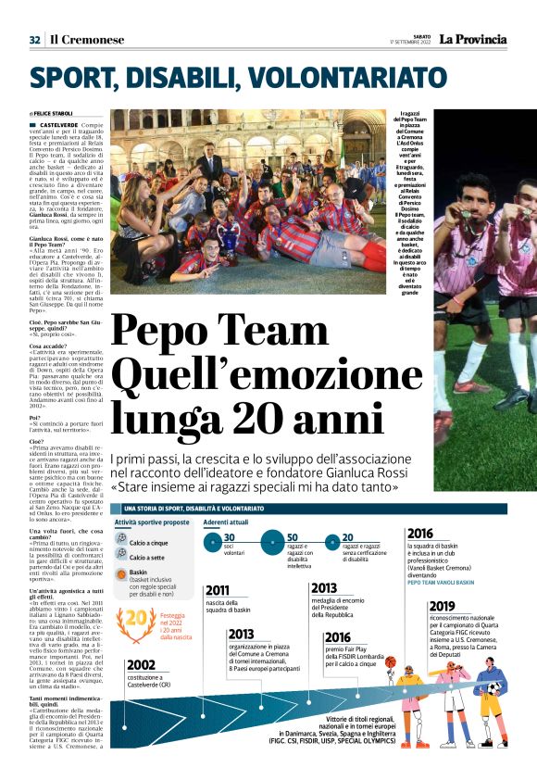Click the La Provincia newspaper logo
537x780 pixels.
click(x=472, y=39)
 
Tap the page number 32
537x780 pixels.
click(x=34, y=40)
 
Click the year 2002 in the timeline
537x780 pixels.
click(x=142, y=664)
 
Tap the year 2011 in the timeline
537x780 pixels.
click(x=218, y=590)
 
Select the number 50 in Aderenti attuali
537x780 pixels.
click(x=293, y=537)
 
